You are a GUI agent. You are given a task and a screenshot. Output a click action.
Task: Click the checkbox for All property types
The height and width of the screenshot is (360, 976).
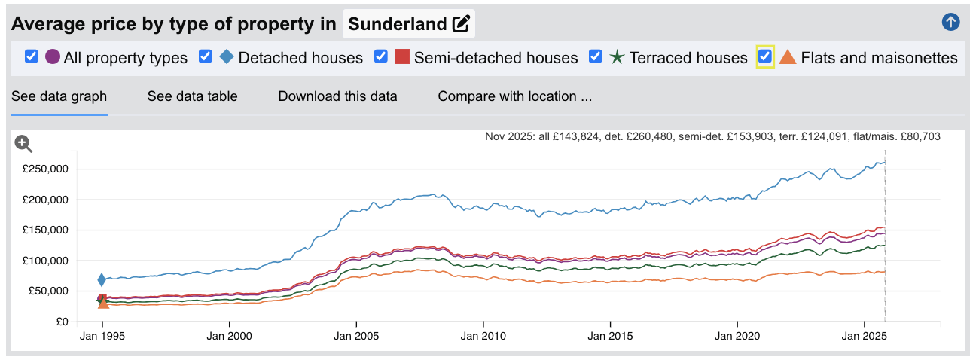coord(32,57)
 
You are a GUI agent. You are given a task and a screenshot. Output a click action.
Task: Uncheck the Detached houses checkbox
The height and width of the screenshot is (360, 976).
coord(206,57)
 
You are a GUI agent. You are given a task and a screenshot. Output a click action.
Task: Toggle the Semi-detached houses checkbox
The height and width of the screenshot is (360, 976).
coord(381,57)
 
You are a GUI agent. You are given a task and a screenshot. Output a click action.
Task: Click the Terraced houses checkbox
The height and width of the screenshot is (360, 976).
coord(596,57)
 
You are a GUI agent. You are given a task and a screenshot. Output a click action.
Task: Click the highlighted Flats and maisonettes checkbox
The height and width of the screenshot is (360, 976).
coord(765,57)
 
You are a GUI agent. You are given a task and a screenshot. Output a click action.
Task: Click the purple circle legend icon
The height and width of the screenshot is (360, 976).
coord(53,57)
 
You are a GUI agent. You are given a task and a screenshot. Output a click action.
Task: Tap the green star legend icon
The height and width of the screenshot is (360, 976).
coord(617,57)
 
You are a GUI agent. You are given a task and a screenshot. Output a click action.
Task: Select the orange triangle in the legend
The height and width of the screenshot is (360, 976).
coord(787,57)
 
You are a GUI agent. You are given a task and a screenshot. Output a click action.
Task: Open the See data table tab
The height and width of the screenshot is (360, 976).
coord(192,96)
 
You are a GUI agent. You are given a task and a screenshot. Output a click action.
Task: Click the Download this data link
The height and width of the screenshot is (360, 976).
coord(337,96)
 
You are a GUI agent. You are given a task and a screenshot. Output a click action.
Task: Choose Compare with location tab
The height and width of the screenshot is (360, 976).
coord(514,96)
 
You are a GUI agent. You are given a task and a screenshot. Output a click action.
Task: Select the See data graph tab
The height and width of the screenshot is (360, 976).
coord(59,96)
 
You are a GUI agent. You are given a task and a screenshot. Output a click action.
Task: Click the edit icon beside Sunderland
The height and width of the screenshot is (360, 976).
coord(461,24)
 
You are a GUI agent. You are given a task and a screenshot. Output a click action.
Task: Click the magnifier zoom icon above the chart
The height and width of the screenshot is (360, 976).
coord(23,143)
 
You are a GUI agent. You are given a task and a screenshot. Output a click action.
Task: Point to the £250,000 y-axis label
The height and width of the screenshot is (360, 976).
coord(46,169)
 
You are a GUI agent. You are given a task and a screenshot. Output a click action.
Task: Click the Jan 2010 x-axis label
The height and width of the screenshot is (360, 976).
coord(483,336)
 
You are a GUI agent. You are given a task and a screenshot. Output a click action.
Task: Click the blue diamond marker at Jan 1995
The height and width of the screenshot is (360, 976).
coord(102,280)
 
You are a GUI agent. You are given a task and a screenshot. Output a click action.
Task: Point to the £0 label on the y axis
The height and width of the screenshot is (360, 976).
coord(62,322)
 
